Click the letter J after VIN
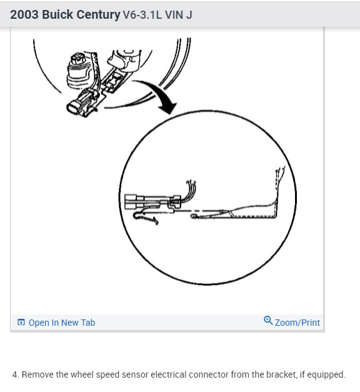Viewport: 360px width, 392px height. (189, 14)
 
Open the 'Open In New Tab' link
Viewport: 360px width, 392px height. (61, 323)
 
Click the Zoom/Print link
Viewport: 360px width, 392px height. (297, 323)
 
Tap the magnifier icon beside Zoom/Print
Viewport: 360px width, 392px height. (268, 321)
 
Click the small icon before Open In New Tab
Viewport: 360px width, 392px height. (21, 323)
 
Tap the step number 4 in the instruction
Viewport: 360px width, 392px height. (15, 374)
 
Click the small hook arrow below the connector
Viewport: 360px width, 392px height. (146, 216)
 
